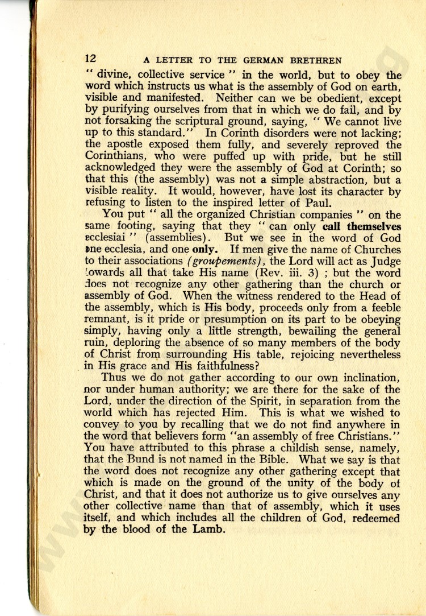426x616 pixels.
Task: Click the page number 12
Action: coord(91,59)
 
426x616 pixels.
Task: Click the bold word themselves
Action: coord(370,226)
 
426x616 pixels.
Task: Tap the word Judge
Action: coord(382,262)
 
